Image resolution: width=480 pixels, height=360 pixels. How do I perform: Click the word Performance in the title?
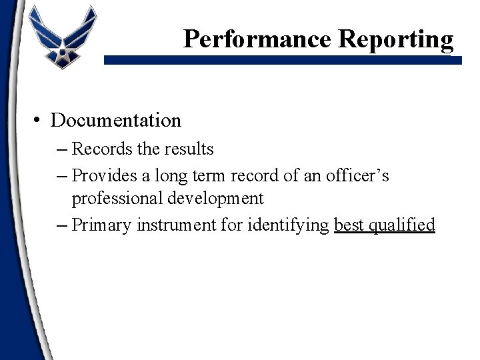[258, 39]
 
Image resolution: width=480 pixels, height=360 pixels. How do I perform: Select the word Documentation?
[115, 121]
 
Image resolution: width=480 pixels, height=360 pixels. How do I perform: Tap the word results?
[190, 149]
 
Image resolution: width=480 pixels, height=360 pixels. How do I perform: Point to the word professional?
[114, 199]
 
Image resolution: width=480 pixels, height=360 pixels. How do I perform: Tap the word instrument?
[169, 225]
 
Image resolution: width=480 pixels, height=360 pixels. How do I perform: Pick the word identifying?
[288, 225]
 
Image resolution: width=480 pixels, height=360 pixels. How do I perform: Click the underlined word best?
[349, 225]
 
